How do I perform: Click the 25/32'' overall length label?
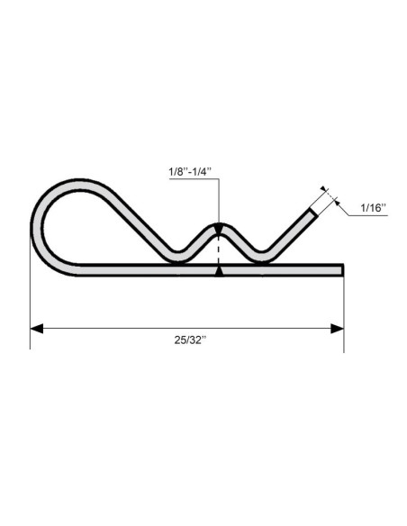[x=188, y=340]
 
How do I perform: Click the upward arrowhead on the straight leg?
[x=218, y=269]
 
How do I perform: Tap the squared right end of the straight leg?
[x=343, y=269]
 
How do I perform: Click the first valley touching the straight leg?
[x=176, y=260]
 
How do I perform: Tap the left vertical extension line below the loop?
[x=31, y=306]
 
